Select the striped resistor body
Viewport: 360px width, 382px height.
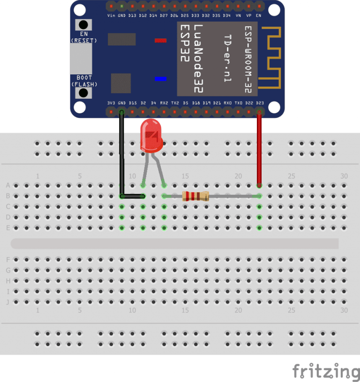(194, 197)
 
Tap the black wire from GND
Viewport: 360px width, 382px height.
(122, 154)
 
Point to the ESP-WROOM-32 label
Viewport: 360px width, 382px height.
(248, 55)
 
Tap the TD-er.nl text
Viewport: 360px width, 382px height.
(228, 59)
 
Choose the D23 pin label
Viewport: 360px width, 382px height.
(260, 103)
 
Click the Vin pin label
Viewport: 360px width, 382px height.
(112, 15)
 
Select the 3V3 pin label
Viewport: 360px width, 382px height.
(111, 103)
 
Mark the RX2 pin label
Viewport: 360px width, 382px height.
(164, 103)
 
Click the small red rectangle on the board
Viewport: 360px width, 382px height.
(160, 40)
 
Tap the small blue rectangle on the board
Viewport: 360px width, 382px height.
(160, 79)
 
